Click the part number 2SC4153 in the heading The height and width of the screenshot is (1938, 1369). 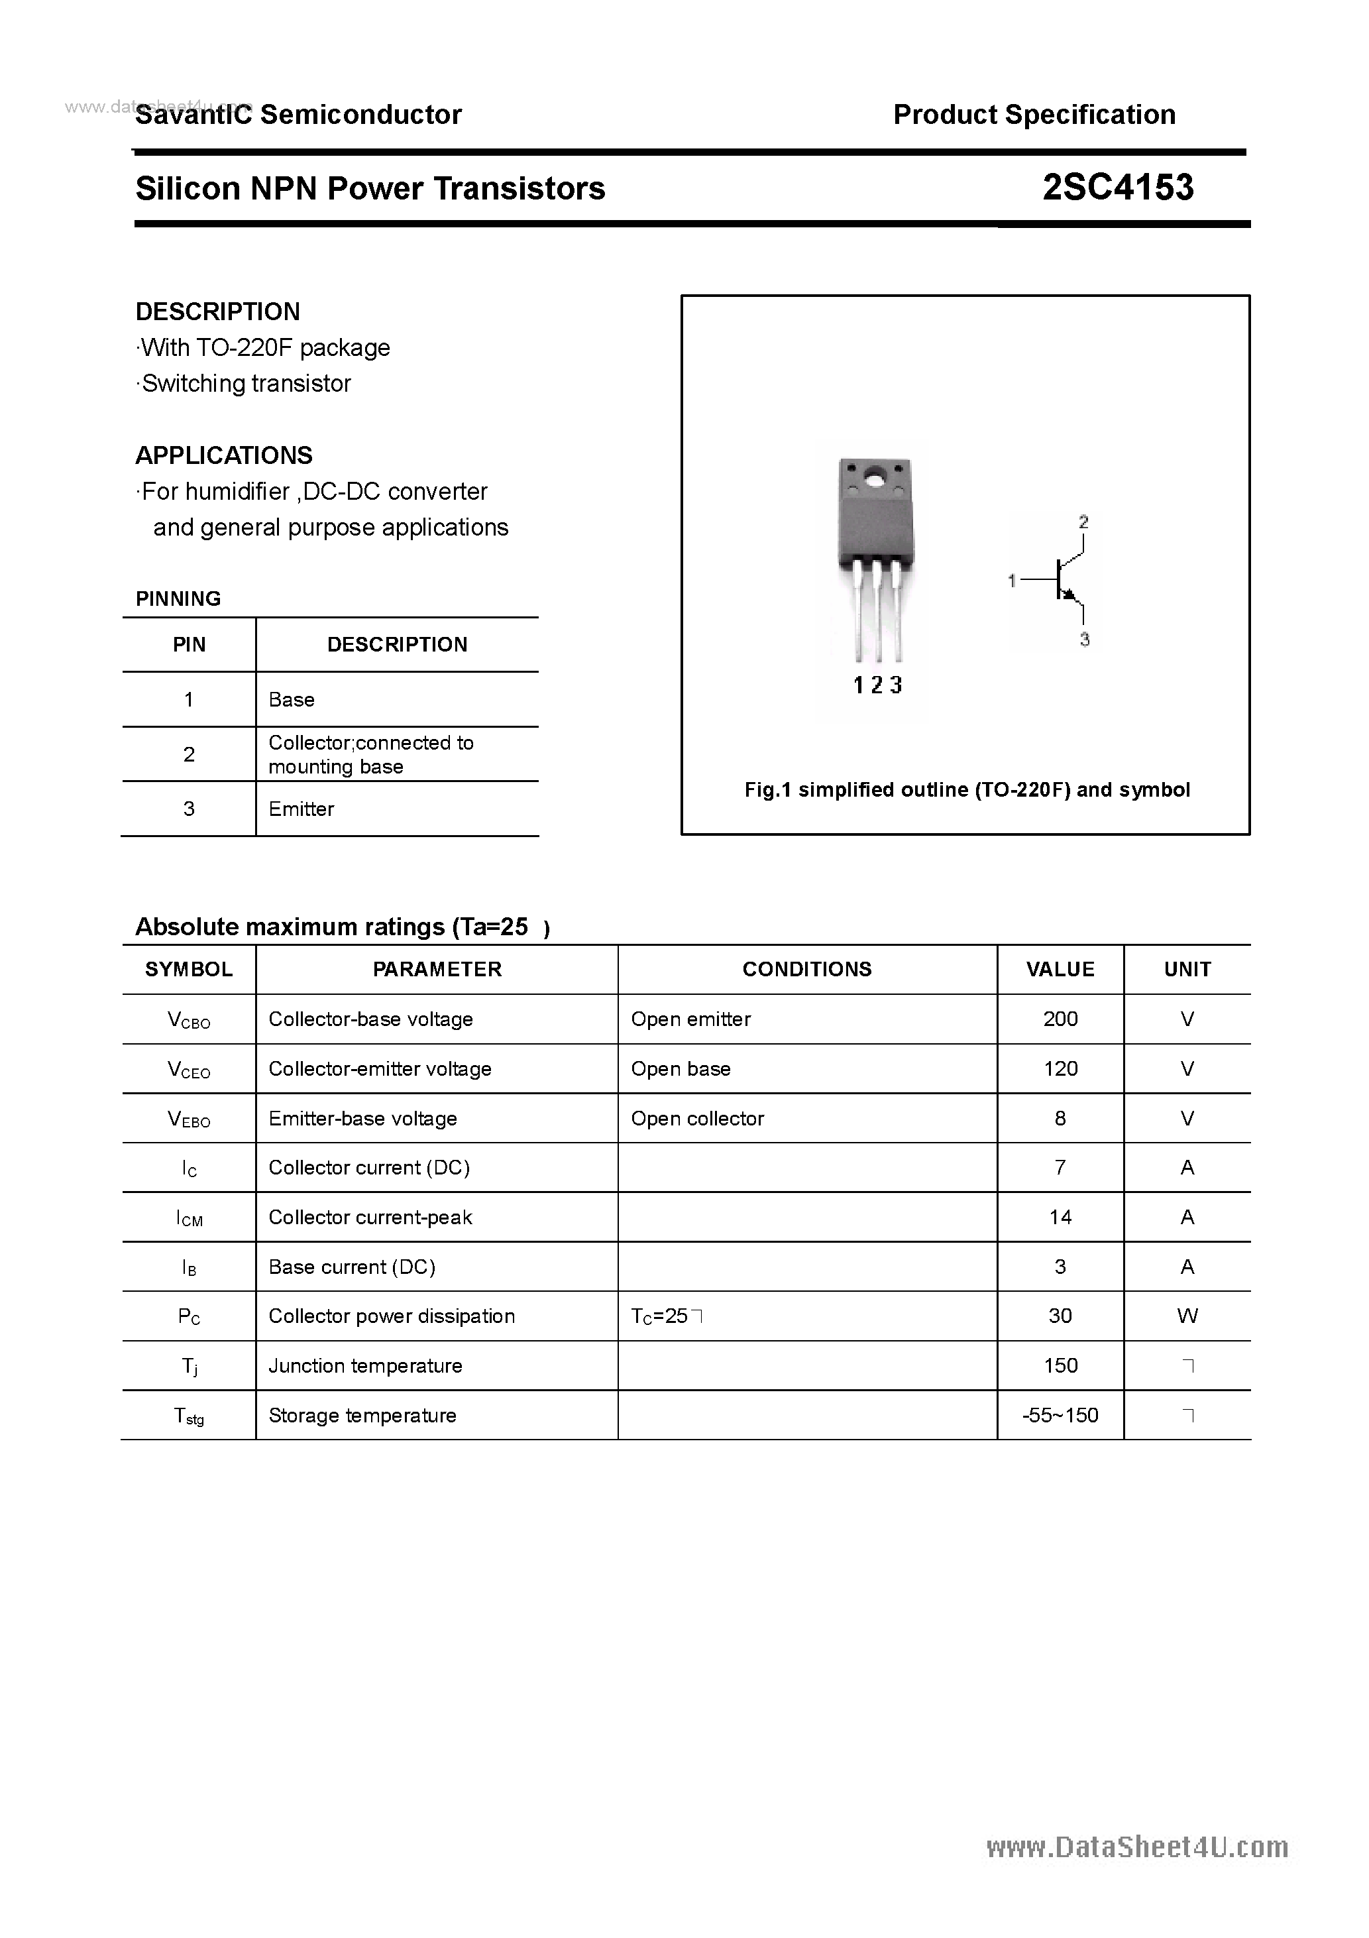[x=1117, y=188]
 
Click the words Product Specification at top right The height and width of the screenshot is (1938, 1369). [x=1034, y=114]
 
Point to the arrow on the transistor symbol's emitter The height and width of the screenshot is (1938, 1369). [x=1070, y=595]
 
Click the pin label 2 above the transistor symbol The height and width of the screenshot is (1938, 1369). [x=1083, y=522]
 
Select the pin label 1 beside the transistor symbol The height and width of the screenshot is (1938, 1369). [x=1011, y=581]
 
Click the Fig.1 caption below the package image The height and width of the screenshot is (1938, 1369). [x=966, y=789]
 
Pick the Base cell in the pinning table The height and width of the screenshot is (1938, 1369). [x=291, y=700]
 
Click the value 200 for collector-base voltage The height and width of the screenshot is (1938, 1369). [x=1060, y=1019]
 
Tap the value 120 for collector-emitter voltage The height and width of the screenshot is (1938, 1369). [x=1060, y=1068]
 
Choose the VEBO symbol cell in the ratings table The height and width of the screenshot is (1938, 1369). [x=189, y=1119]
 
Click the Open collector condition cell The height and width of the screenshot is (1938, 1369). [x=697, y=1118]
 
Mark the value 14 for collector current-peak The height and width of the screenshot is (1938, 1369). [x=1060, y=1217]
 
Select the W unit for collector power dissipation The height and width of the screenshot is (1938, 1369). [x=1187, y=1316]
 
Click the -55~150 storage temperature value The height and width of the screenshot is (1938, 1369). [x=1060, y=1416]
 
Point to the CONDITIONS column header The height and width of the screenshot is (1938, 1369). [x=807, y=969]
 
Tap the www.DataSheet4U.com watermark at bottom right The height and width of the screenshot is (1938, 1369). [x=1137, y=1848]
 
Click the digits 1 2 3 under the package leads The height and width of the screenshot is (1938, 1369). [x=878, y=685]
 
